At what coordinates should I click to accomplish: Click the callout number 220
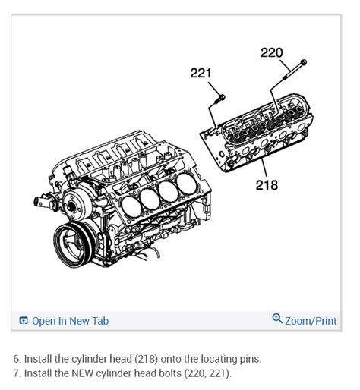click(271, 52)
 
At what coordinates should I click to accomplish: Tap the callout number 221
click(201, 73)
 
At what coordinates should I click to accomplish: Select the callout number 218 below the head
click(266, 184)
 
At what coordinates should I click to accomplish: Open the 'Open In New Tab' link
click(70, 321)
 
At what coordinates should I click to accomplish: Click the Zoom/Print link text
click(311, 321)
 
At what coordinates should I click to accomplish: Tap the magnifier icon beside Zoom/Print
click(277, 319)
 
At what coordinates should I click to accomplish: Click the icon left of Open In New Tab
click(23, 321)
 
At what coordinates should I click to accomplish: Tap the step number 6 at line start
click(16, 359)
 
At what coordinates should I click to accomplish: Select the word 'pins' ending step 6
click(251, 359)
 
